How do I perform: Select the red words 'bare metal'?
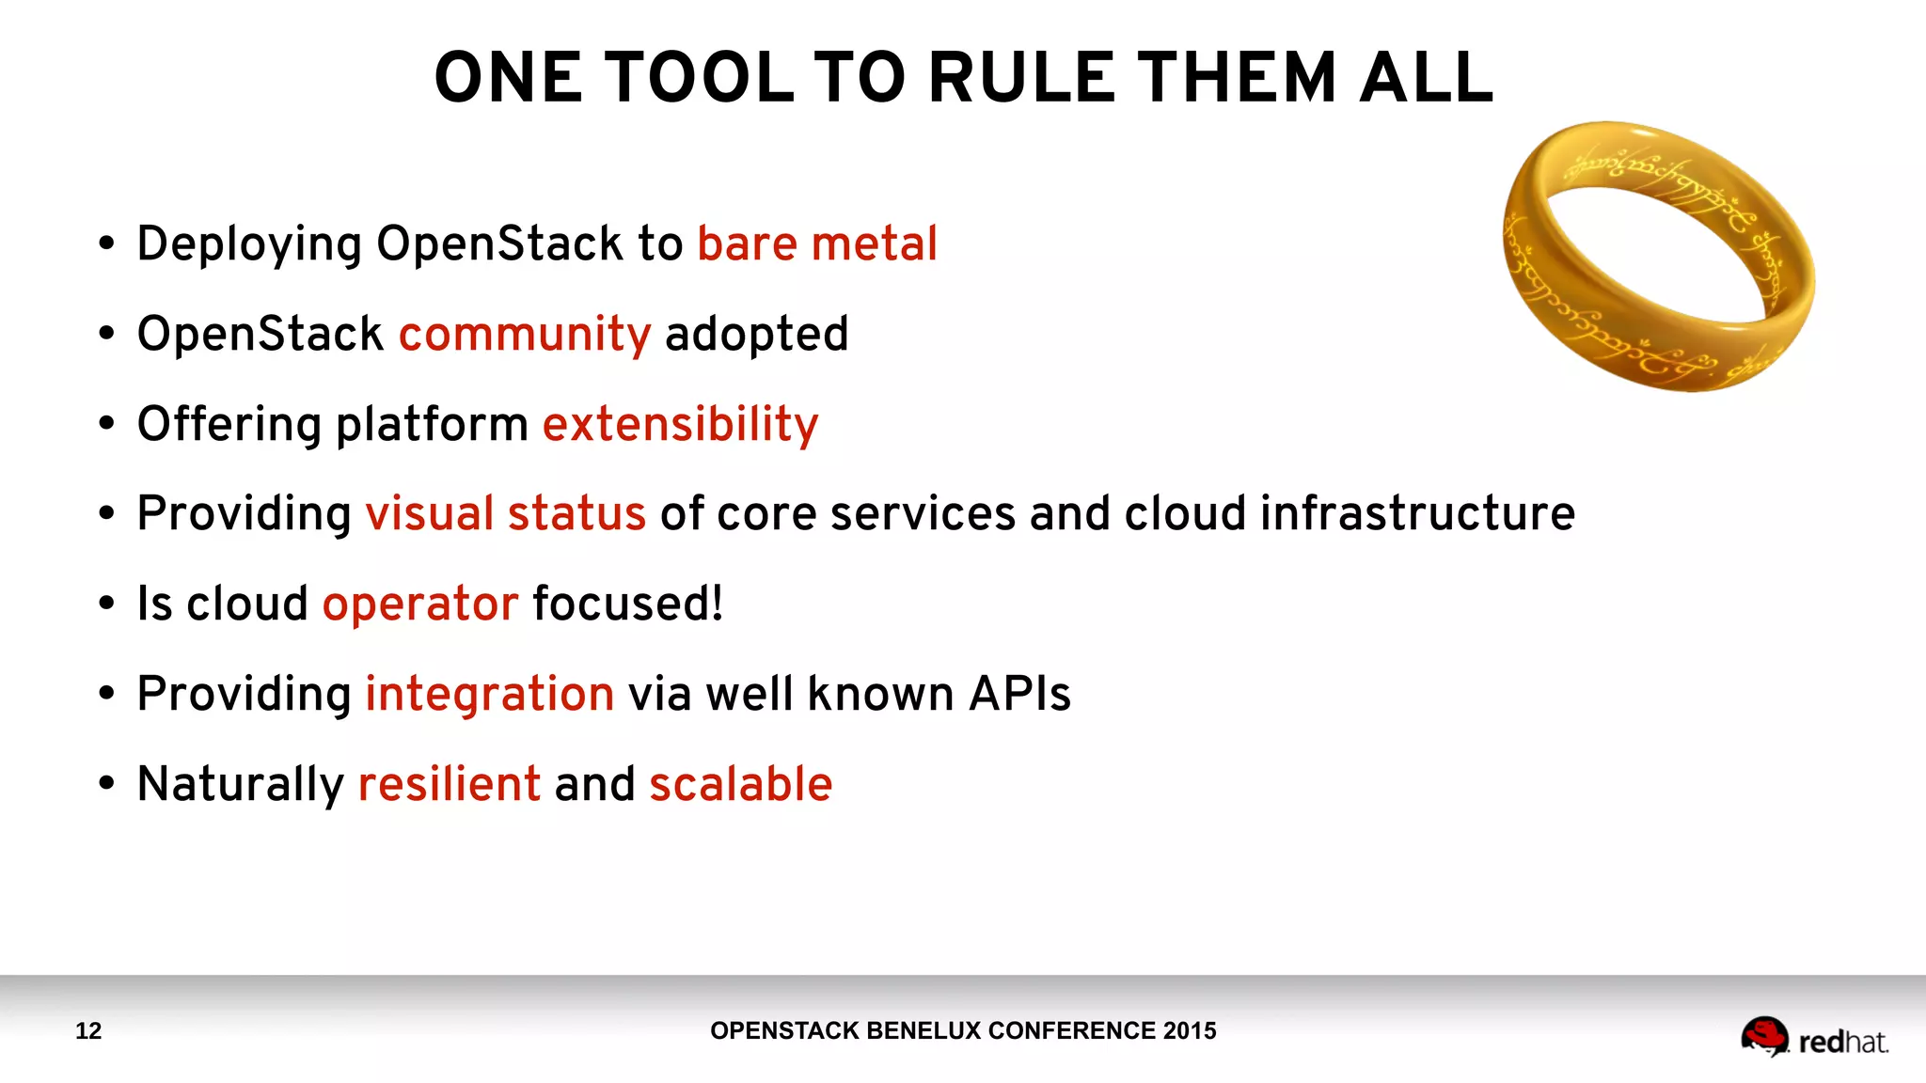tap(816, 243)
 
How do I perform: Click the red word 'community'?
tap(524, 335)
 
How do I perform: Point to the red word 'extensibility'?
tap(680, 424)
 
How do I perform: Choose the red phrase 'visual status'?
tap(505, 514)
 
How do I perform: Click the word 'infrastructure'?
tap(1416, 514)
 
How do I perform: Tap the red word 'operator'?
tap(419, 604)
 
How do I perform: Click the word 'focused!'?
tap(627, 604)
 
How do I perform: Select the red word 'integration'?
tap(489, 695)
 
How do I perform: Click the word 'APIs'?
tap(1019, 695)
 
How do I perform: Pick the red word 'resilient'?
tap(449, 784)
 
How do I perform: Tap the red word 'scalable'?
tap(740, 784)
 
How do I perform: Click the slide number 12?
tap(88, 1031)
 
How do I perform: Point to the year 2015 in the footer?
tap(1189, 1031)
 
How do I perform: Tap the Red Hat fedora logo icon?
tap(1763, 1036)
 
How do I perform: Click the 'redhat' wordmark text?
tap(1842, 1043)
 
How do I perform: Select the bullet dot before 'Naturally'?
tap(106, 783)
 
